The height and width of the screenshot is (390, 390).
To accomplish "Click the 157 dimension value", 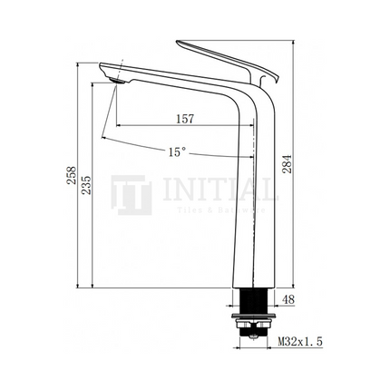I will pos(184,118).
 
